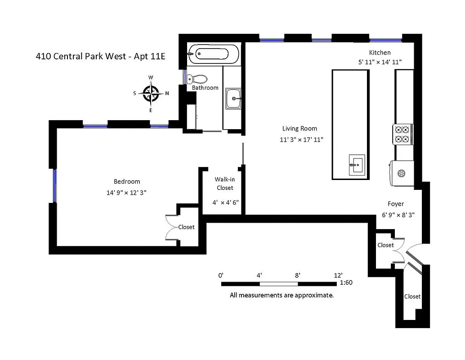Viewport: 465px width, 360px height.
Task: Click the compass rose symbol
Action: point(151,94)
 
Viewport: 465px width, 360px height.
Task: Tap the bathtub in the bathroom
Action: point(214,54)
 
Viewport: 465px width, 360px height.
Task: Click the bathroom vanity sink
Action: point(233,98)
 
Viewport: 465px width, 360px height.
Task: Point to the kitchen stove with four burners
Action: point(403,134)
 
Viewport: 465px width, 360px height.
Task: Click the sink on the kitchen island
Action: point(358,165)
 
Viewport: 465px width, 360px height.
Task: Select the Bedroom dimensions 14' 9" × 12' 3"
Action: point(127,192)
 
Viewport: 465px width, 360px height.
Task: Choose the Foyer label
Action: point(396,203)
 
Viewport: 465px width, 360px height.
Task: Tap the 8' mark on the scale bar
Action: point(298,275)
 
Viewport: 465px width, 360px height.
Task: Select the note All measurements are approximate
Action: point(282,296)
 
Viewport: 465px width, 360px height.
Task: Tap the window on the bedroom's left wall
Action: point(54,186)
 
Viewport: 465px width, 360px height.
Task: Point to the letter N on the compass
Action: point(167,94)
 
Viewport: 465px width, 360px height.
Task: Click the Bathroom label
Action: point(205,88)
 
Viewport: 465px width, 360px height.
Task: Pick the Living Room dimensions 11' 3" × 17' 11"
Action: point(301,140)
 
